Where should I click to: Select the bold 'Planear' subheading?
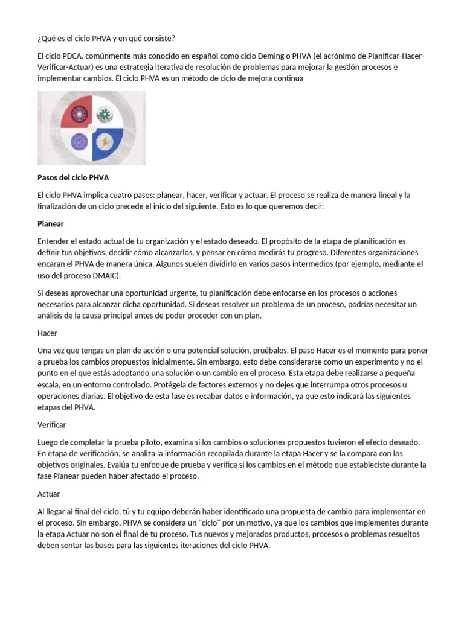(51, 223)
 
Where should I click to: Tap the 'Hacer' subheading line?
(47, 333)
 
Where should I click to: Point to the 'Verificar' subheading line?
(51, 425)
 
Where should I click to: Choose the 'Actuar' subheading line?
(48, 494)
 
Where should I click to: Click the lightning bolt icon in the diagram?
(106, 142)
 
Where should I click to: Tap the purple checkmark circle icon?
(79, 142)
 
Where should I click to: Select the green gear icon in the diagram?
(105, 114)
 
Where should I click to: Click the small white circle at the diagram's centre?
(92, 128)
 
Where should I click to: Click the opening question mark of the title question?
(39, 39)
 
